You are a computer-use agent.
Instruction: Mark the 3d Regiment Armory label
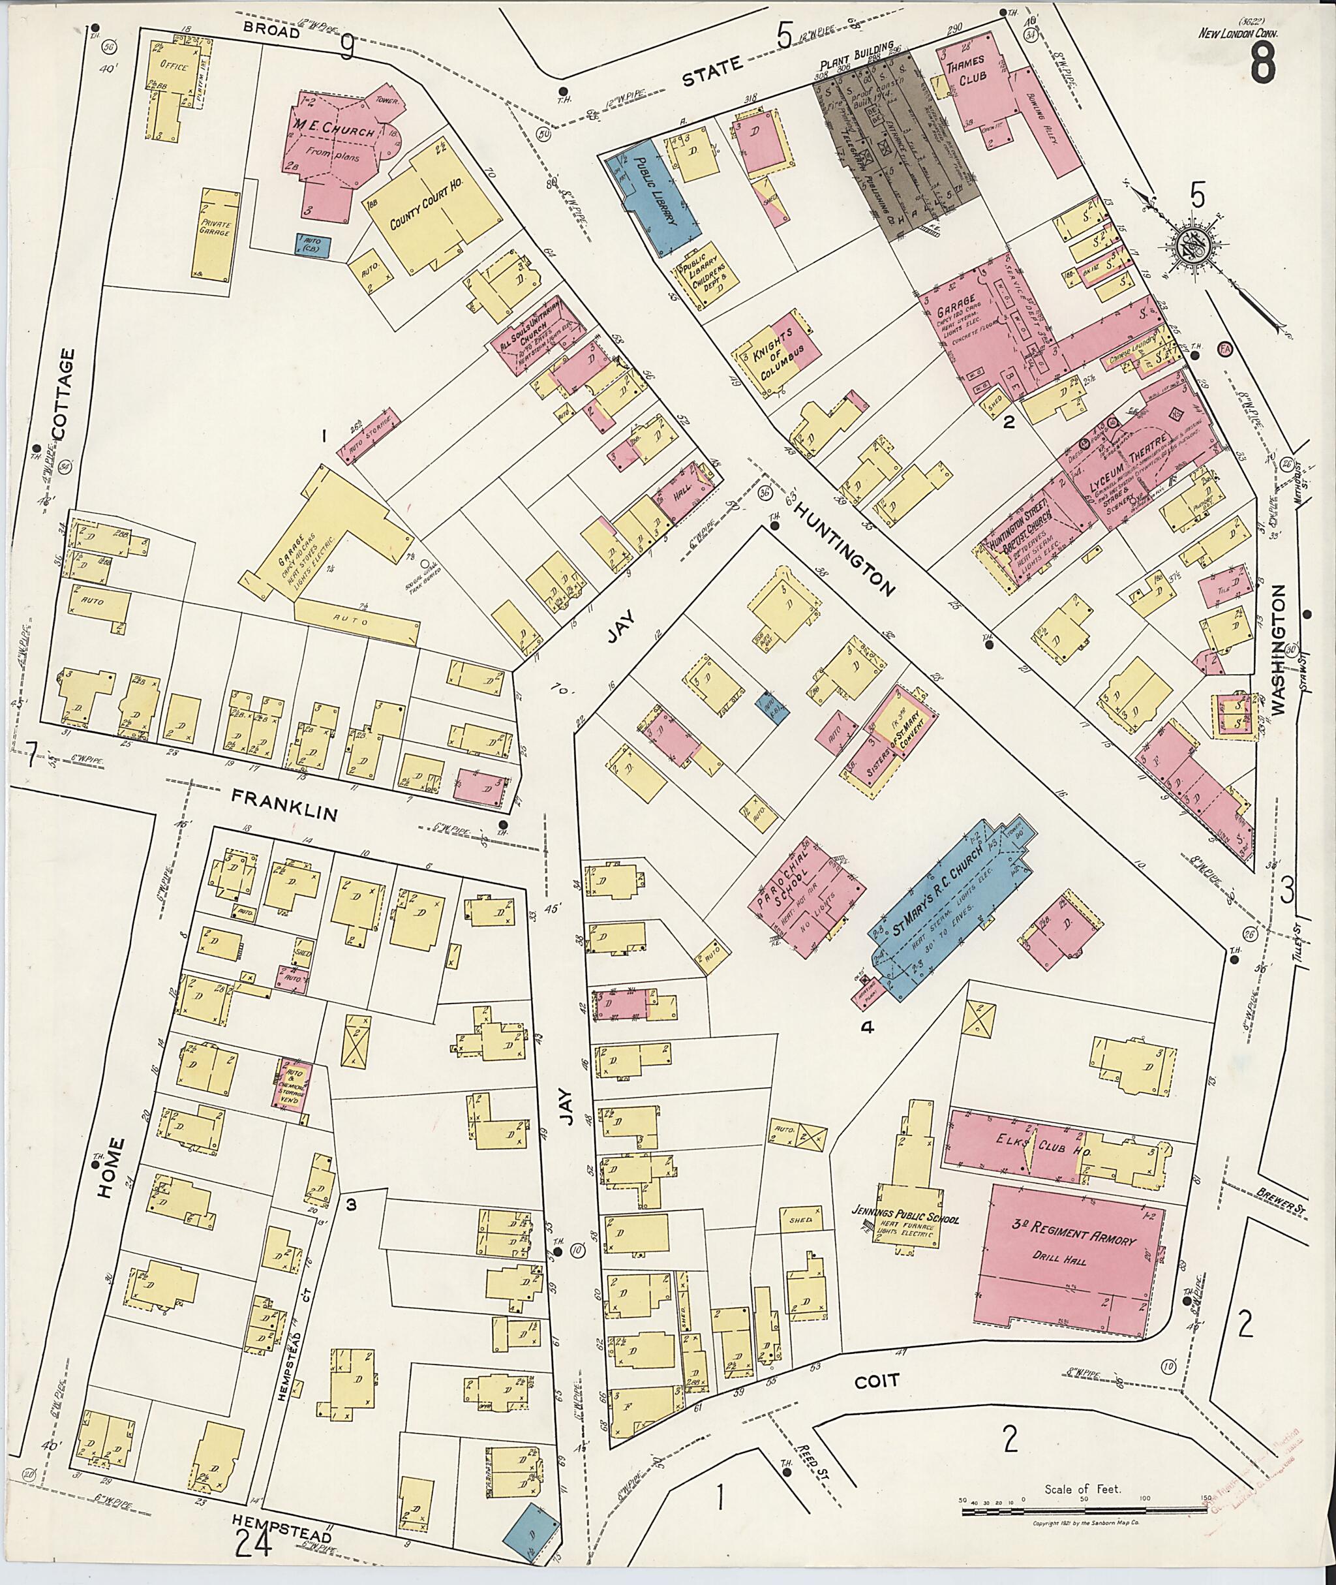tap(1074, 1242)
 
